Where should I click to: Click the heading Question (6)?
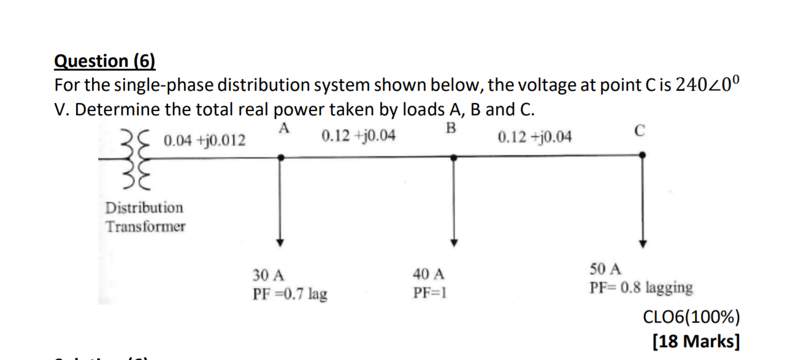click(105, 61)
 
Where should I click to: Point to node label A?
click(283, 128)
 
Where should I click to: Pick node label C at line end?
click(640, 131)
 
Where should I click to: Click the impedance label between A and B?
click(358, 135)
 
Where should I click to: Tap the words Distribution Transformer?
click(145, 217)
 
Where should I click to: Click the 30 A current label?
click(268, 275)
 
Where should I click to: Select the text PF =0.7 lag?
click(289, 294)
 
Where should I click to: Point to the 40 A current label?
click(429, 274)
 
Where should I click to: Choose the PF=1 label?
click(429, 293)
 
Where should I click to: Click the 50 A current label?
click(606, 269)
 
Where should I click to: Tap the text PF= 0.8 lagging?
click(641, 287)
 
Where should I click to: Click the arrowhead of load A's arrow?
click(280, 242)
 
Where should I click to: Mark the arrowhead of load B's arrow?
click(454, 242)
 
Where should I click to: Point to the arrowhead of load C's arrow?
click(642, 242)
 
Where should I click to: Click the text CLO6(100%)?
click(691, 317)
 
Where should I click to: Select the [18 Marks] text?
click(696, 340)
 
